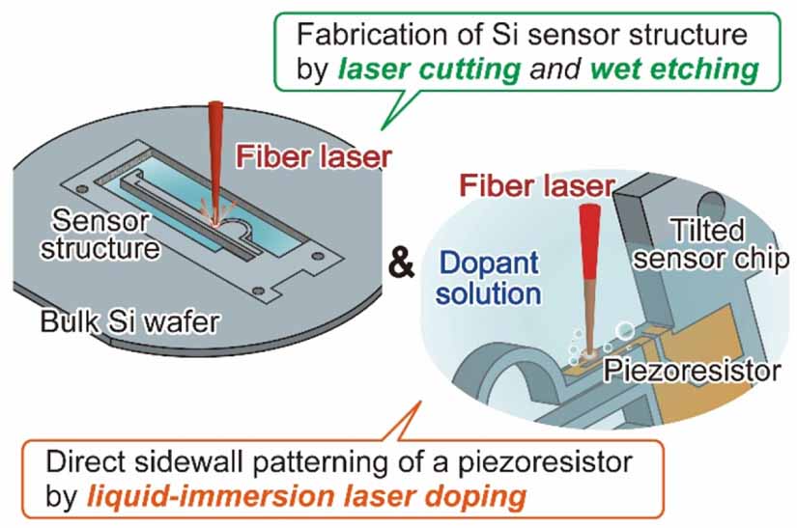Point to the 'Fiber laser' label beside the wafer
314,156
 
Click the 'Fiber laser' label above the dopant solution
537,186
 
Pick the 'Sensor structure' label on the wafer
100,235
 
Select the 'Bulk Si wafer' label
130,321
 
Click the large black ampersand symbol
401,264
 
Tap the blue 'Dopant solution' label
489,278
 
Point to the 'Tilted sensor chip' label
711,245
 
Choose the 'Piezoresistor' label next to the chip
692,371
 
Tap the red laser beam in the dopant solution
590,279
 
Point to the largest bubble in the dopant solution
624,331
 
